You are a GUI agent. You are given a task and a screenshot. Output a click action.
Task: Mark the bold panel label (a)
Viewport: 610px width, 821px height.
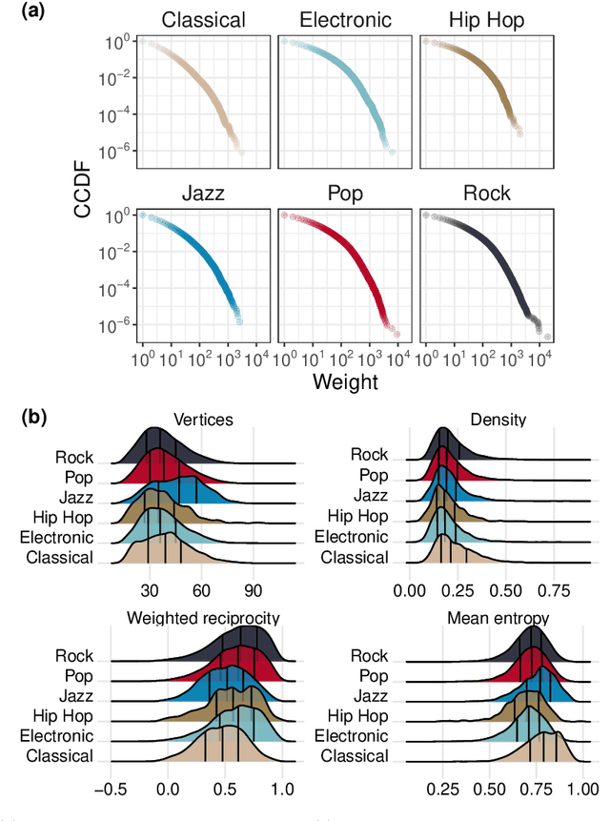(17, 11)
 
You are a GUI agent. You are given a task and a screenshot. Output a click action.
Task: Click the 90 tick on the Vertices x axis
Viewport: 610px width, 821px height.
(253, 588)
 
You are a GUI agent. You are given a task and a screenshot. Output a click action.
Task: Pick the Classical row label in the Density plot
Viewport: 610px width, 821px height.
(355, 557)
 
